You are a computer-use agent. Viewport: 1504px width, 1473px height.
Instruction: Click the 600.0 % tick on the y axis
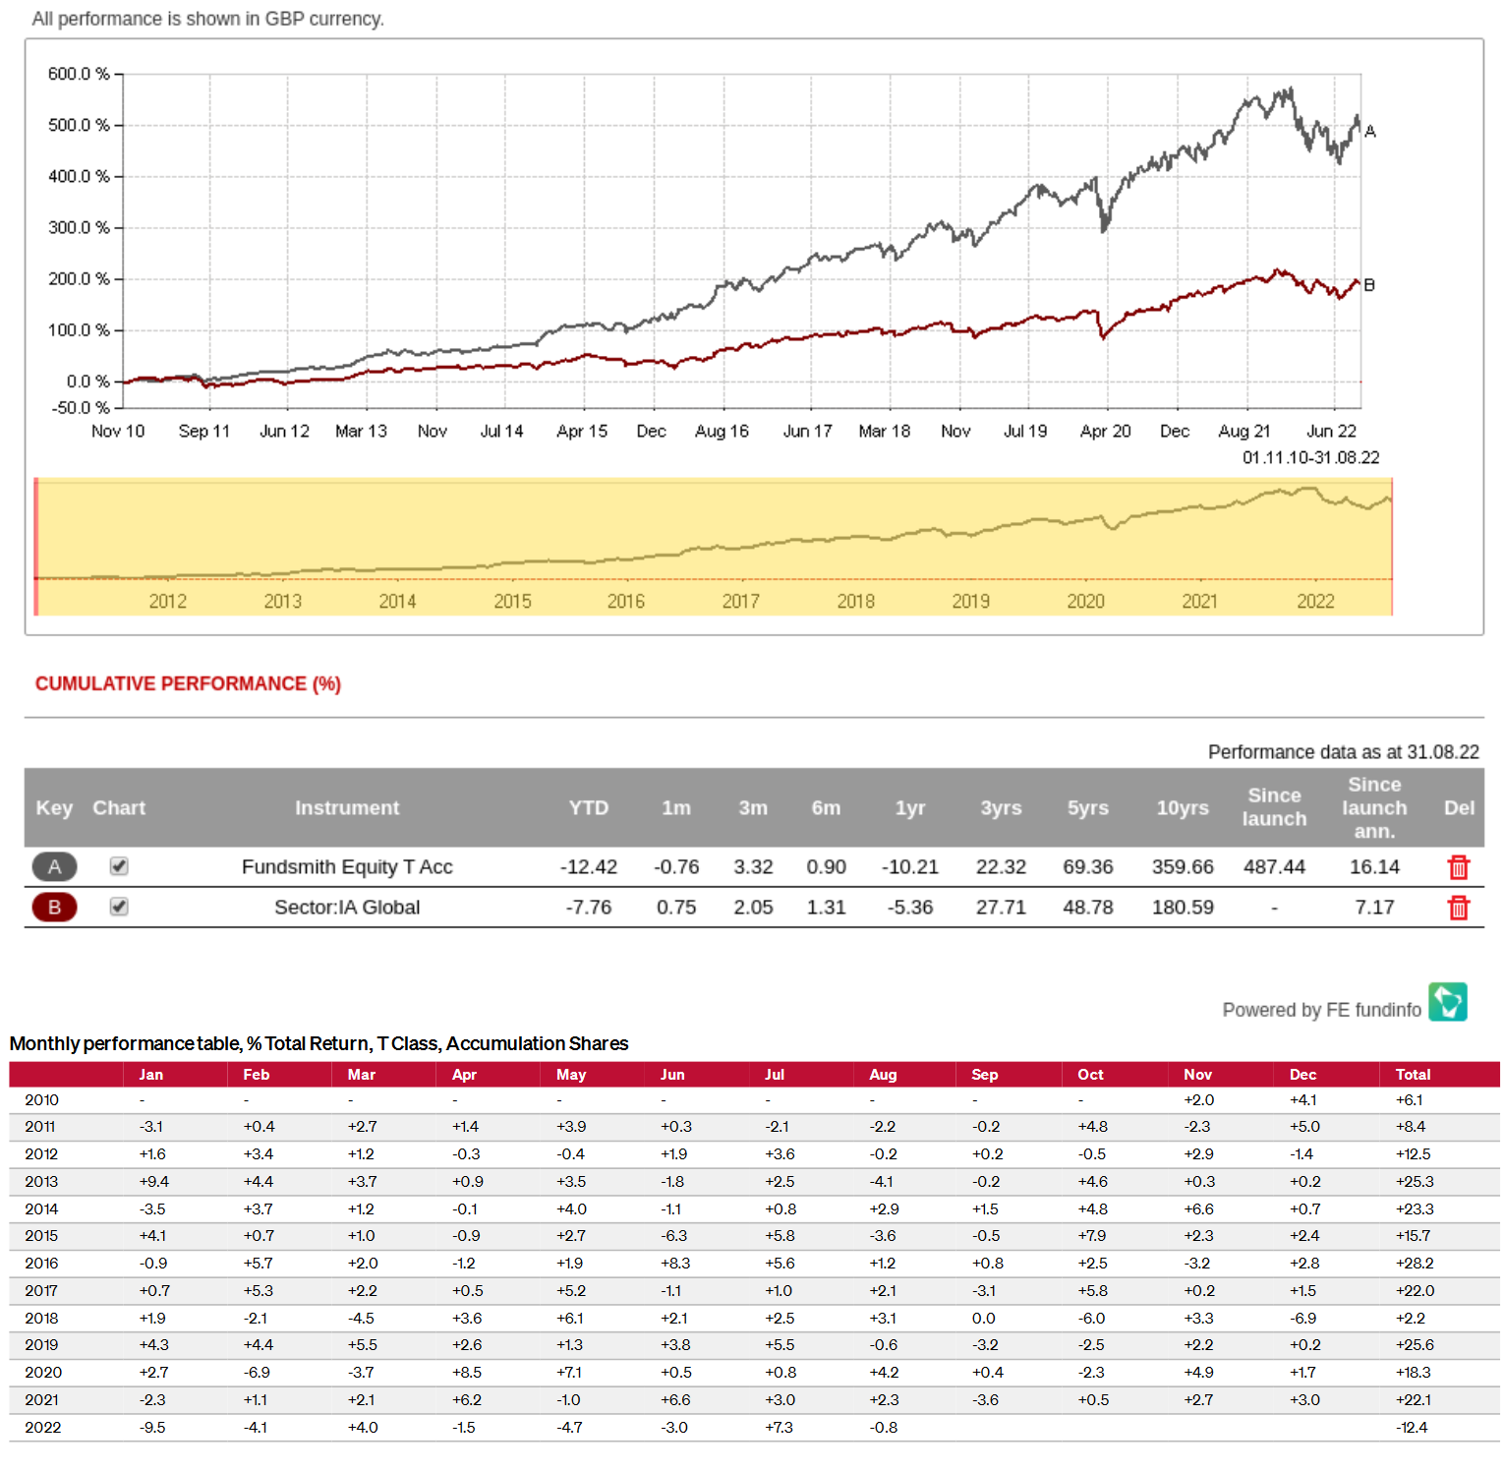pyautogui.click(x=79, y=74)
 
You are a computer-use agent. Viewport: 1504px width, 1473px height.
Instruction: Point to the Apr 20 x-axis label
pyautogui.click(x=1105, y=431)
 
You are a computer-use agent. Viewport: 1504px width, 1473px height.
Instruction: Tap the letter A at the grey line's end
pyautogui.click(x=1370, y=131)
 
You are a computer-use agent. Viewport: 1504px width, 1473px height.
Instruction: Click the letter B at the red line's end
pyautogui.click(x=1369, y=285)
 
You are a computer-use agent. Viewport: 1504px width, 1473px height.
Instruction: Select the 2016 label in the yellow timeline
pyautogui.click(x=625, y=601)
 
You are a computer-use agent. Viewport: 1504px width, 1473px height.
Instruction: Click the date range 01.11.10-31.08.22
pyautogui.click(x=1310, y=458)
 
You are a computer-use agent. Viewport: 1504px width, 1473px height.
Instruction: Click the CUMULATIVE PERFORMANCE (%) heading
pyautogui.click(x=188, y=683)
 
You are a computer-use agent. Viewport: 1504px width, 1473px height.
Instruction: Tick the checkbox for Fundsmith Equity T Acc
pyautogui.click(x=119, y=866)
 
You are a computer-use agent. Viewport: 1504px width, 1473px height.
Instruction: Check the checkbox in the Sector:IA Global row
pyautogui.click(x=119, y=907)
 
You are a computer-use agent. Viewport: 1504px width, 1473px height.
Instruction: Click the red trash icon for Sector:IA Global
pyautogui.click(x=1458, y=908)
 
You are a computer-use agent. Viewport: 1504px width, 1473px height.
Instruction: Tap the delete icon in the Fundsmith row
pyautogui.click(x=1458, y=867)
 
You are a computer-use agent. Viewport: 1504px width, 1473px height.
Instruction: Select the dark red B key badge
pyautogui.click(x=54, y=907)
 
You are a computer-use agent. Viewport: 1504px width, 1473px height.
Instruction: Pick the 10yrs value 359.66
pyautogui.click(x=1183, y=867)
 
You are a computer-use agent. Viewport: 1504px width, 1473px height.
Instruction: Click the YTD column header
pyautogui.click(x=588, y=807)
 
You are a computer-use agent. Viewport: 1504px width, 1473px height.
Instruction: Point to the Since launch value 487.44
pyautogui.click(x=1274, y=867)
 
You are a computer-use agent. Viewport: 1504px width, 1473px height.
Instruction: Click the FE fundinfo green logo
pyautogui.click(x=1447, y=1002)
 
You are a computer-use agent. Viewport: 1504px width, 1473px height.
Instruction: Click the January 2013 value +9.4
pyautogui.click(x=154, y=1182)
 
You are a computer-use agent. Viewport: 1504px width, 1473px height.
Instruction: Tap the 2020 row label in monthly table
pyautogui.click(x=43, y=1373)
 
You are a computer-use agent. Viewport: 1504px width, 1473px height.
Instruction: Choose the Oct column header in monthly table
pyautogui.click(x=1090, y=1075)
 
